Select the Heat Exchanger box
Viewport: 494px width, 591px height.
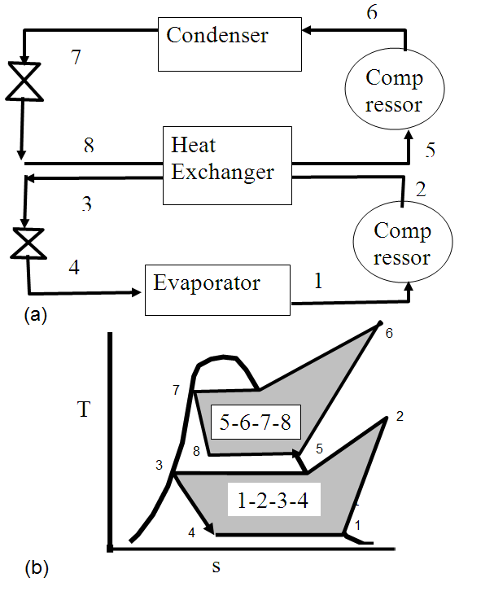point(227,164)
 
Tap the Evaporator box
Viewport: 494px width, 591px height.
point(217,289)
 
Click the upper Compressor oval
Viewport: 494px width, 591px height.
point(395,91)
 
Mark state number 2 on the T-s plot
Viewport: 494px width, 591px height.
point(399,416)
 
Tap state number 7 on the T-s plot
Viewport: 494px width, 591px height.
point(177,391)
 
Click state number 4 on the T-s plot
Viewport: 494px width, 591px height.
point(191,532)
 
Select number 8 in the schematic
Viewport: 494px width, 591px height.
point(89,147)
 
